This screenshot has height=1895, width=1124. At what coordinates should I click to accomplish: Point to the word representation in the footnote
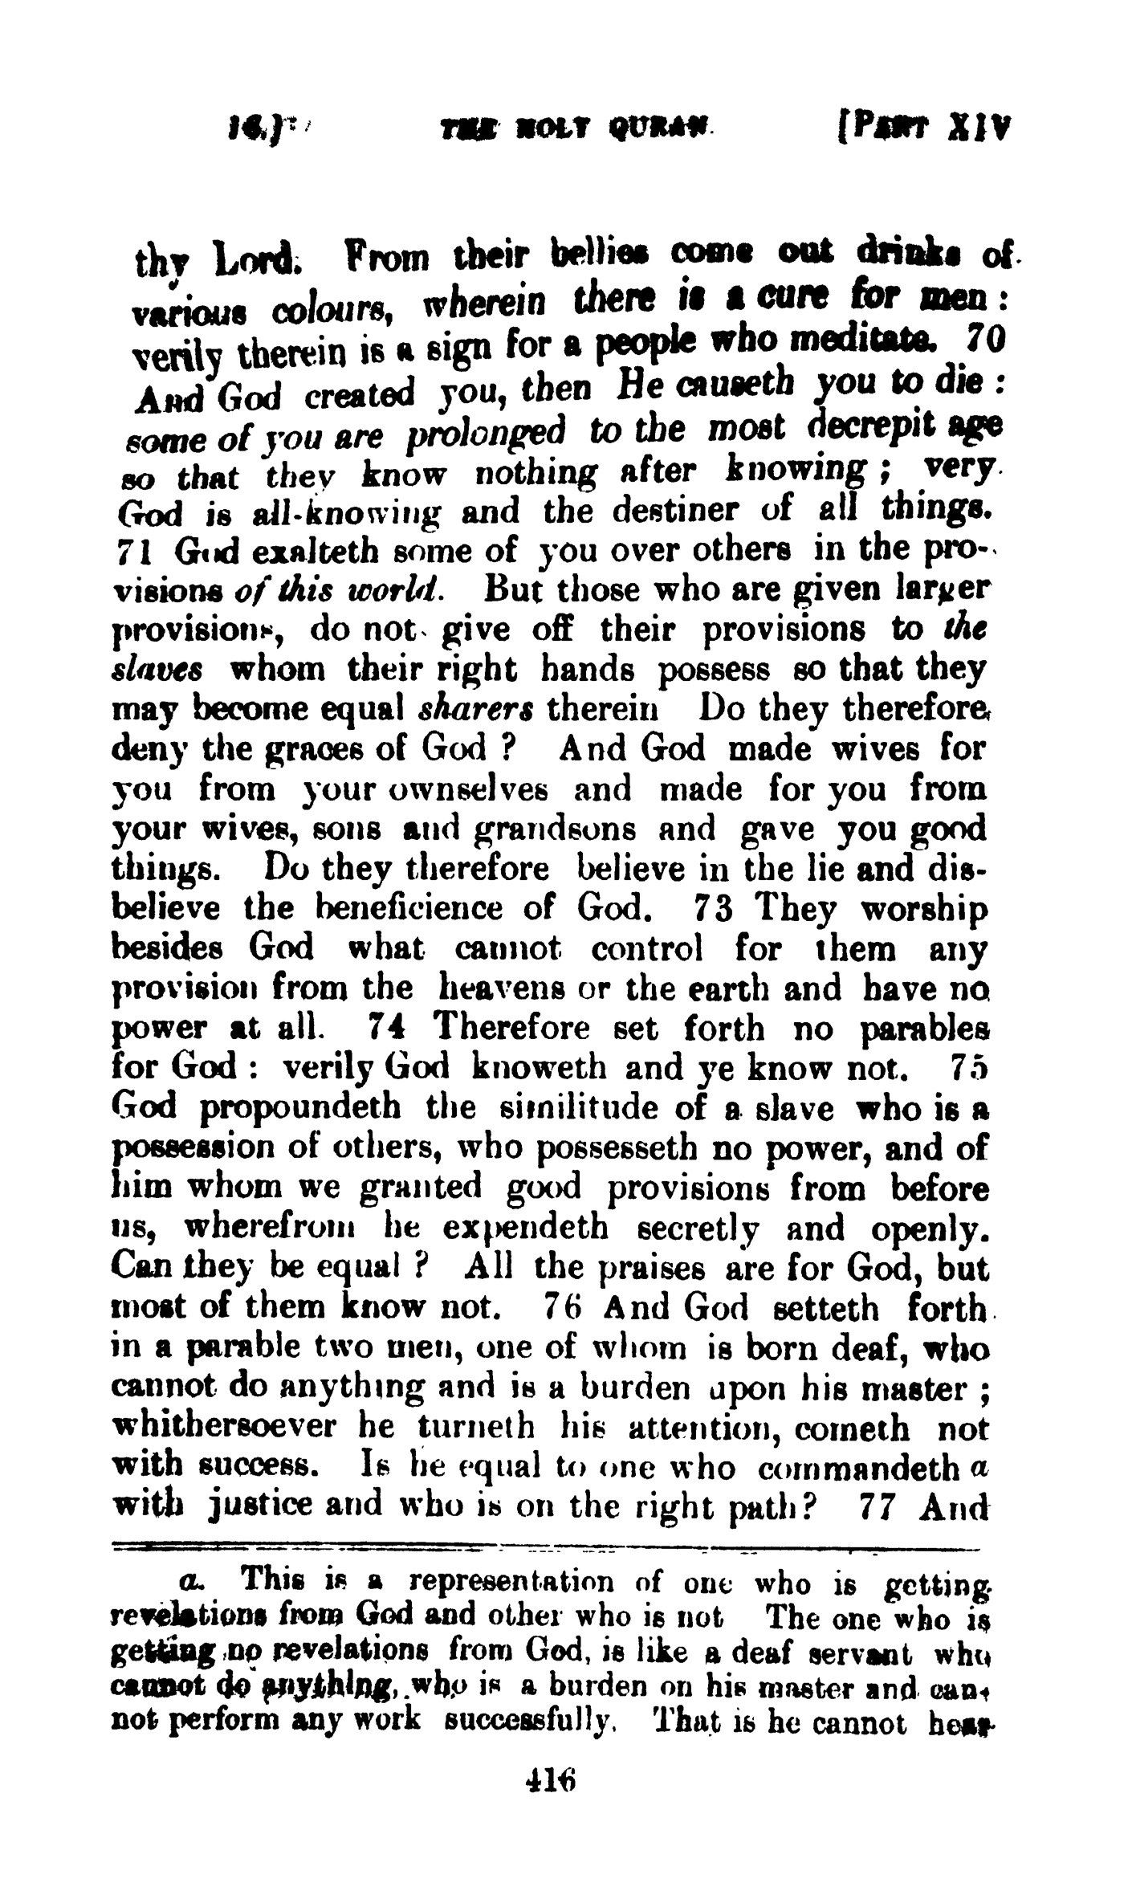(x=511, y=1583)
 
